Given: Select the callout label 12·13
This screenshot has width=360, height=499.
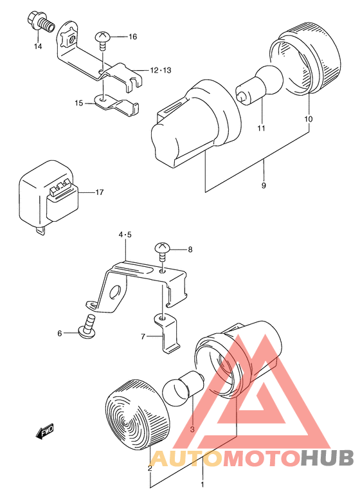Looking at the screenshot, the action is tap(161, 70).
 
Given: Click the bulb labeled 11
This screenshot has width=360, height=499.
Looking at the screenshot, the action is tap(260, 83).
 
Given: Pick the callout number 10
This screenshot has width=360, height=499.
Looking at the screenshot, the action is tap(309, 119).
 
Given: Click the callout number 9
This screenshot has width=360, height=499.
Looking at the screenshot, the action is tap(264, 185).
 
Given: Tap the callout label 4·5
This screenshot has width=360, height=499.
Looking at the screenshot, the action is tap(125, 235).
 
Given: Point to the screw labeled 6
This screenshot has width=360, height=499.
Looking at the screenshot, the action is tap(87, 327).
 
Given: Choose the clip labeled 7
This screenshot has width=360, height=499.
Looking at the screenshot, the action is tap(166, 333).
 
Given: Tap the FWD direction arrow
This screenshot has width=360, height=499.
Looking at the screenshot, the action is tap(45, 431).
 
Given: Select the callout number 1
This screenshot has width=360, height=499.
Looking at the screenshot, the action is tap(203, 485).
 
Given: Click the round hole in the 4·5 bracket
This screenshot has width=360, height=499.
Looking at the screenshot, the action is tap(115, 292).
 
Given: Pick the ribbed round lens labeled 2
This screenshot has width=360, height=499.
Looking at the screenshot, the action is tap(137, 415).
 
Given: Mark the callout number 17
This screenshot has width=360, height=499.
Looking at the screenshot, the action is tap(100, 192).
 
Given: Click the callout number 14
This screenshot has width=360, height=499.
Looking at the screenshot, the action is tap(38, 46).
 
